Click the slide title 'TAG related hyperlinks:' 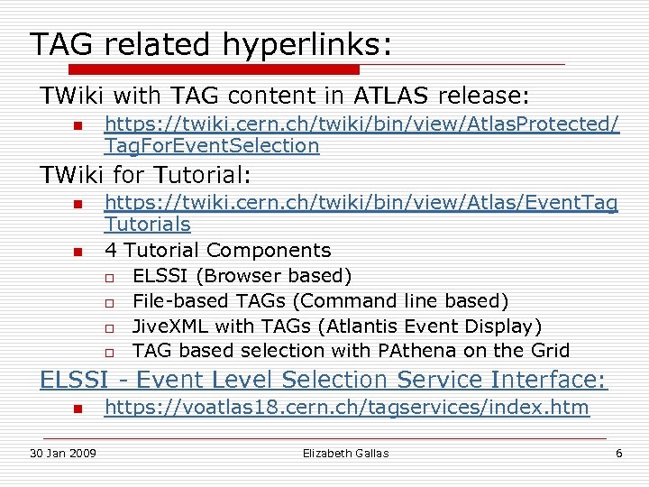coord(211,43)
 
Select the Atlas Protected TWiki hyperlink coord(361,134)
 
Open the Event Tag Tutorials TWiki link coord(361,213)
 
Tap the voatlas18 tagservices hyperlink coord(346,408)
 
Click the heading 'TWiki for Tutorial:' coord(145,173)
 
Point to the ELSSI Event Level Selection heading coord(324,380)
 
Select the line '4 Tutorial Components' coord(217,250)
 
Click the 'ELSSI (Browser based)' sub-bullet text coord(242,275)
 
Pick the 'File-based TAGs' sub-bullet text coord(320,300)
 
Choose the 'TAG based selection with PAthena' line coord(351,350)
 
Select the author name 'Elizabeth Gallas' coord(345,453)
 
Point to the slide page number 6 coord(618,453)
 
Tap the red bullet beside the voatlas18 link coord(78,409)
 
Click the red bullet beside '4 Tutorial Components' coord(78,252)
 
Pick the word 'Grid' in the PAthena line coord(550,350)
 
